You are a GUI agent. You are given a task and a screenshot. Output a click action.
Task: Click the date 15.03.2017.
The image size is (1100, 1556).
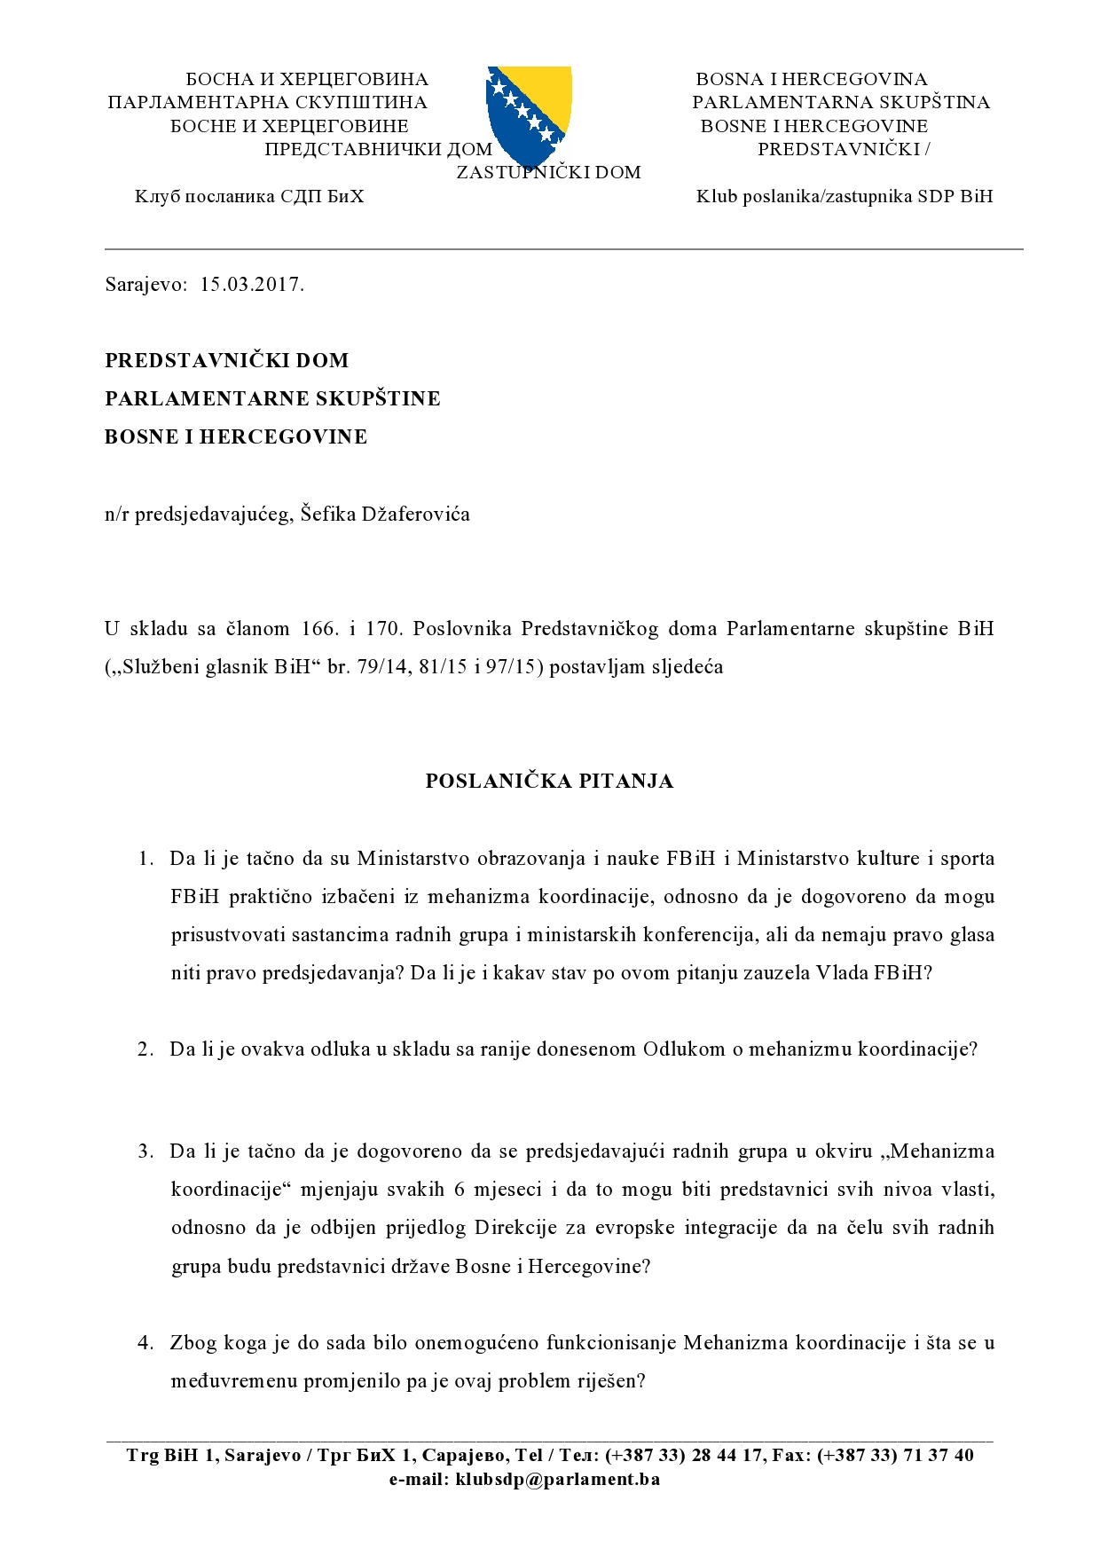(x=252, y=285)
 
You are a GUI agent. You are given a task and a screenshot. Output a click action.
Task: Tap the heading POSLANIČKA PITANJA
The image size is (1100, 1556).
(x=549, y=781)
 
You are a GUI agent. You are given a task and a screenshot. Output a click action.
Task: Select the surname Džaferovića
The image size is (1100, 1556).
(x=415, y=514)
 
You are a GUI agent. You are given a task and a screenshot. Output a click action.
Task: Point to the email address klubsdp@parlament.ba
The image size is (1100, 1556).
(x=557, y=1479)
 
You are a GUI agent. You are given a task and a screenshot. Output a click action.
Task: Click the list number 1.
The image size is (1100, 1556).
(x=146, y=859)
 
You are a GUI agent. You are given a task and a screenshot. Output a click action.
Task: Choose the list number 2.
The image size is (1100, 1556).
(x=146, y=1049)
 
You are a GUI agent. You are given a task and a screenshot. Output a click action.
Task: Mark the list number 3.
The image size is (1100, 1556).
(x=146, y=1151)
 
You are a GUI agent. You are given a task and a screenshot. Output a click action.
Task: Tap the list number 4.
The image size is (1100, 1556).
(x=146, y=1342)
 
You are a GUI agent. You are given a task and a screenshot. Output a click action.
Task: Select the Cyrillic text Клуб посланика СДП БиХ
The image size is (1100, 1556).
(x=249, y=196)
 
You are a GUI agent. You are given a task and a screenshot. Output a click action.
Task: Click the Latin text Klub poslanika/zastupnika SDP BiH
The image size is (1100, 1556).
(x=845, y=196)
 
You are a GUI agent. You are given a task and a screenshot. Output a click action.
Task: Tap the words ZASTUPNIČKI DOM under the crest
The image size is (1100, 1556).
(x=548, y=172)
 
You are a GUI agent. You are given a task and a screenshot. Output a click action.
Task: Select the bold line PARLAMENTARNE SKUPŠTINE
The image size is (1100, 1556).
(x=272, y=398)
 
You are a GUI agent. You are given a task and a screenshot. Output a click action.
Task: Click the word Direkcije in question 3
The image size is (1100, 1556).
(x=515, y=1228)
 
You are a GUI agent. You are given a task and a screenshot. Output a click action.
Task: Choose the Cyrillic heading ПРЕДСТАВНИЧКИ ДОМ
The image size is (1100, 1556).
(x=378, y=149)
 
